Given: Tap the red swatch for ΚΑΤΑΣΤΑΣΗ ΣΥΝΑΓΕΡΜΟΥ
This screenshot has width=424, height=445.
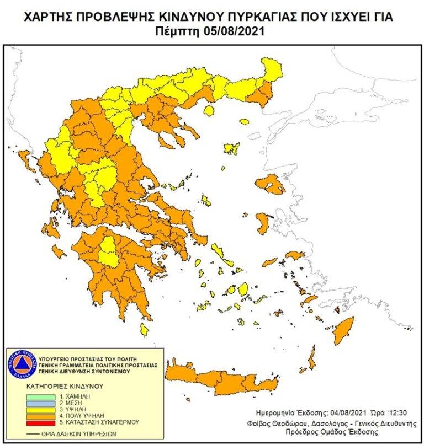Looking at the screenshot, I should [x=41, y=422].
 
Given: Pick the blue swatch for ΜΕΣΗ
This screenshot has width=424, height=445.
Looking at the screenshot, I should [x=41, y=403].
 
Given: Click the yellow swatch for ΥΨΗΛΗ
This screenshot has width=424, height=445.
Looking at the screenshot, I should [x=41, y=409].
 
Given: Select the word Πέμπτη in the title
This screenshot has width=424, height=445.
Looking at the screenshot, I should [x=179, y=31].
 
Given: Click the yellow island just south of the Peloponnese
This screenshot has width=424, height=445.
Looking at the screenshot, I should [x=144, y=329].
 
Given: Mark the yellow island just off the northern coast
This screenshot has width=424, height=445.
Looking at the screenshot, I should [x=209, y=110].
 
